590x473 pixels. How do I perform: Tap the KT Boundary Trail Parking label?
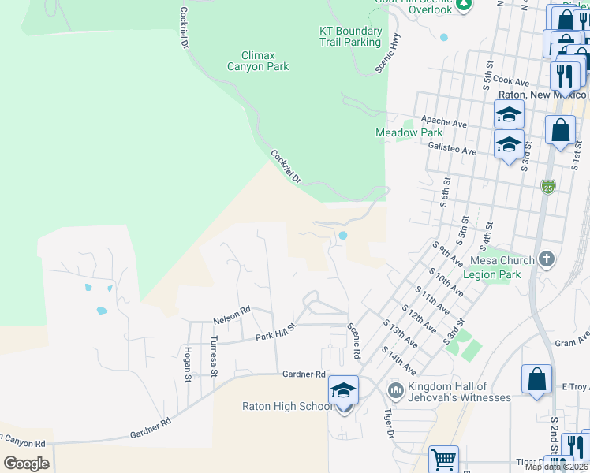(x=350, y=36)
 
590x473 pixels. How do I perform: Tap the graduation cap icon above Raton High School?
(x=343, y=390)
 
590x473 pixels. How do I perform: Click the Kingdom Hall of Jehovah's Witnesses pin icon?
(x=395, y=389)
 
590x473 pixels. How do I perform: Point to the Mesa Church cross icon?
(x=546, y=259)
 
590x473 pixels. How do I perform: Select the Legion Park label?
(x=492, y=274)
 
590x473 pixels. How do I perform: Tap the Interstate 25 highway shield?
(x=548, y=187)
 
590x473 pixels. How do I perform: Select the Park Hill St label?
(x=274, y=332)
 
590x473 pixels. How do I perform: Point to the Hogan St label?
(x=189, y=363)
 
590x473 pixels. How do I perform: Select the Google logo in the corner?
(x=26, y=463)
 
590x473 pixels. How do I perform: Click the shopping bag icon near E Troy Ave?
(x=536, y=379)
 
